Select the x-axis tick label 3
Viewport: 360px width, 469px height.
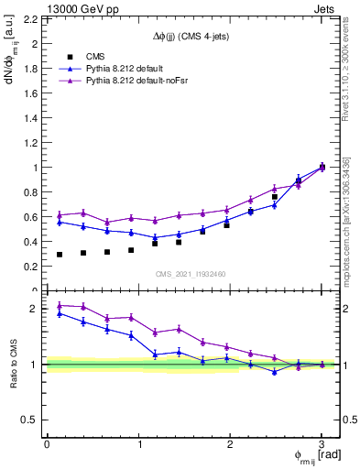pyautogui.click(x=322, y=444)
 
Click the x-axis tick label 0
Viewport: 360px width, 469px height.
pyautogui.click(x=47, y=444)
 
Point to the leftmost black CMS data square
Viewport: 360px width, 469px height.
pyautogui.click(x=60, y=255)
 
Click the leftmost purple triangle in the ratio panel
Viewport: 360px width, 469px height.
pyautogui.click(x=60, y=306)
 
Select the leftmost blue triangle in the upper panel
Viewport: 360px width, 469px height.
pyautogui.click(x=60, y=222)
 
